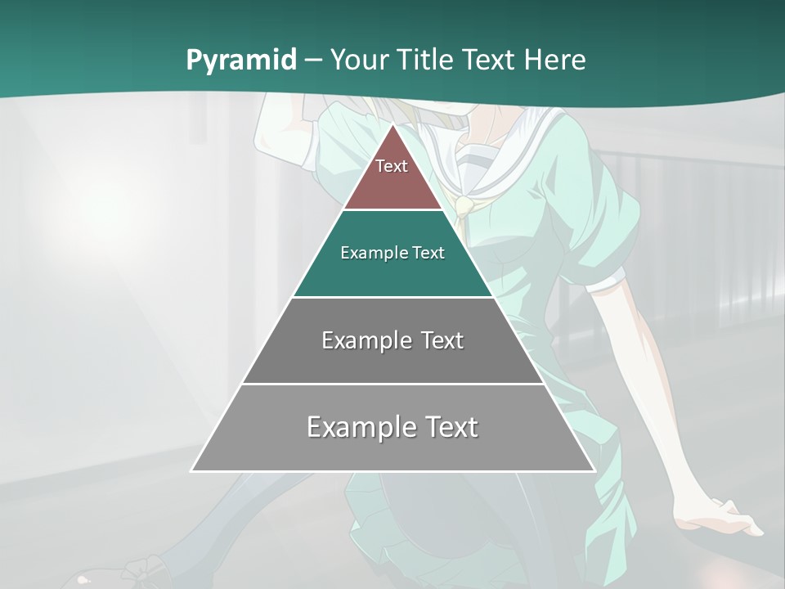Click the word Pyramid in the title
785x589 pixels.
[240, 61]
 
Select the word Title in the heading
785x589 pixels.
[429, 60]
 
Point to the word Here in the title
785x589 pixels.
[555, 60]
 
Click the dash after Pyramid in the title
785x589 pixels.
[312, 61]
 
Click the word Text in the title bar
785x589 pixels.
[491, 60]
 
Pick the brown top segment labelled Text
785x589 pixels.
[392, 176]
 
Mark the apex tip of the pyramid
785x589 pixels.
[392, 125]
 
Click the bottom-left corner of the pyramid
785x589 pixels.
[192, 470]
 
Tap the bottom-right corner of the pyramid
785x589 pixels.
[594, 470]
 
